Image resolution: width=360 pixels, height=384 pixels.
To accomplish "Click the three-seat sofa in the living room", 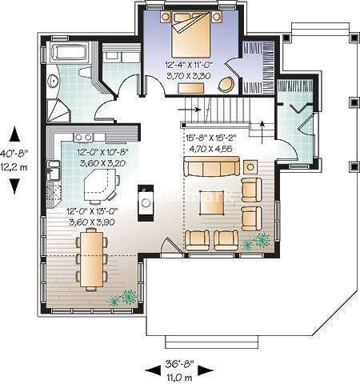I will (211, 167).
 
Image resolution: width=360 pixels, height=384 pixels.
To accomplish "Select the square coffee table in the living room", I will (214, 206).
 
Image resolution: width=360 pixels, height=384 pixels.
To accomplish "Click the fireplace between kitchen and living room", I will (146, 200).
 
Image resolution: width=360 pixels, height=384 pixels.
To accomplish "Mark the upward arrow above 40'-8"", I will (14, 129).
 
